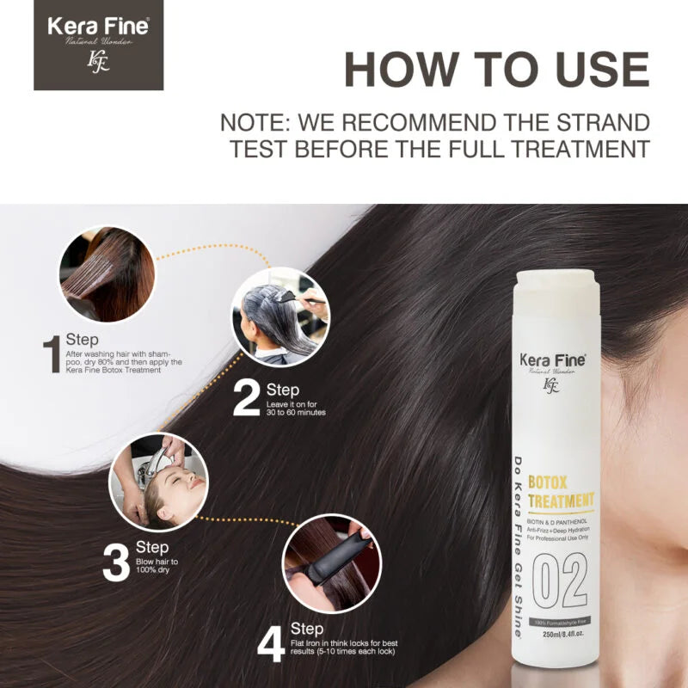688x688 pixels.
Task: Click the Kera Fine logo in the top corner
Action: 98,44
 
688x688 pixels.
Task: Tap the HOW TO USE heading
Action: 496,70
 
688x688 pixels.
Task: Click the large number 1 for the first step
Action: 52,354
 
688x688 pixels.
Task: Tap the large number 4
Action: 270,642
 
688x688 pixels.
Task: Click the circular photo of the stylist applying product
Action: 279,316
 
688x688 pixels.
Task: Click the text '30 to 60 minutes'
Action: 296,413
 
